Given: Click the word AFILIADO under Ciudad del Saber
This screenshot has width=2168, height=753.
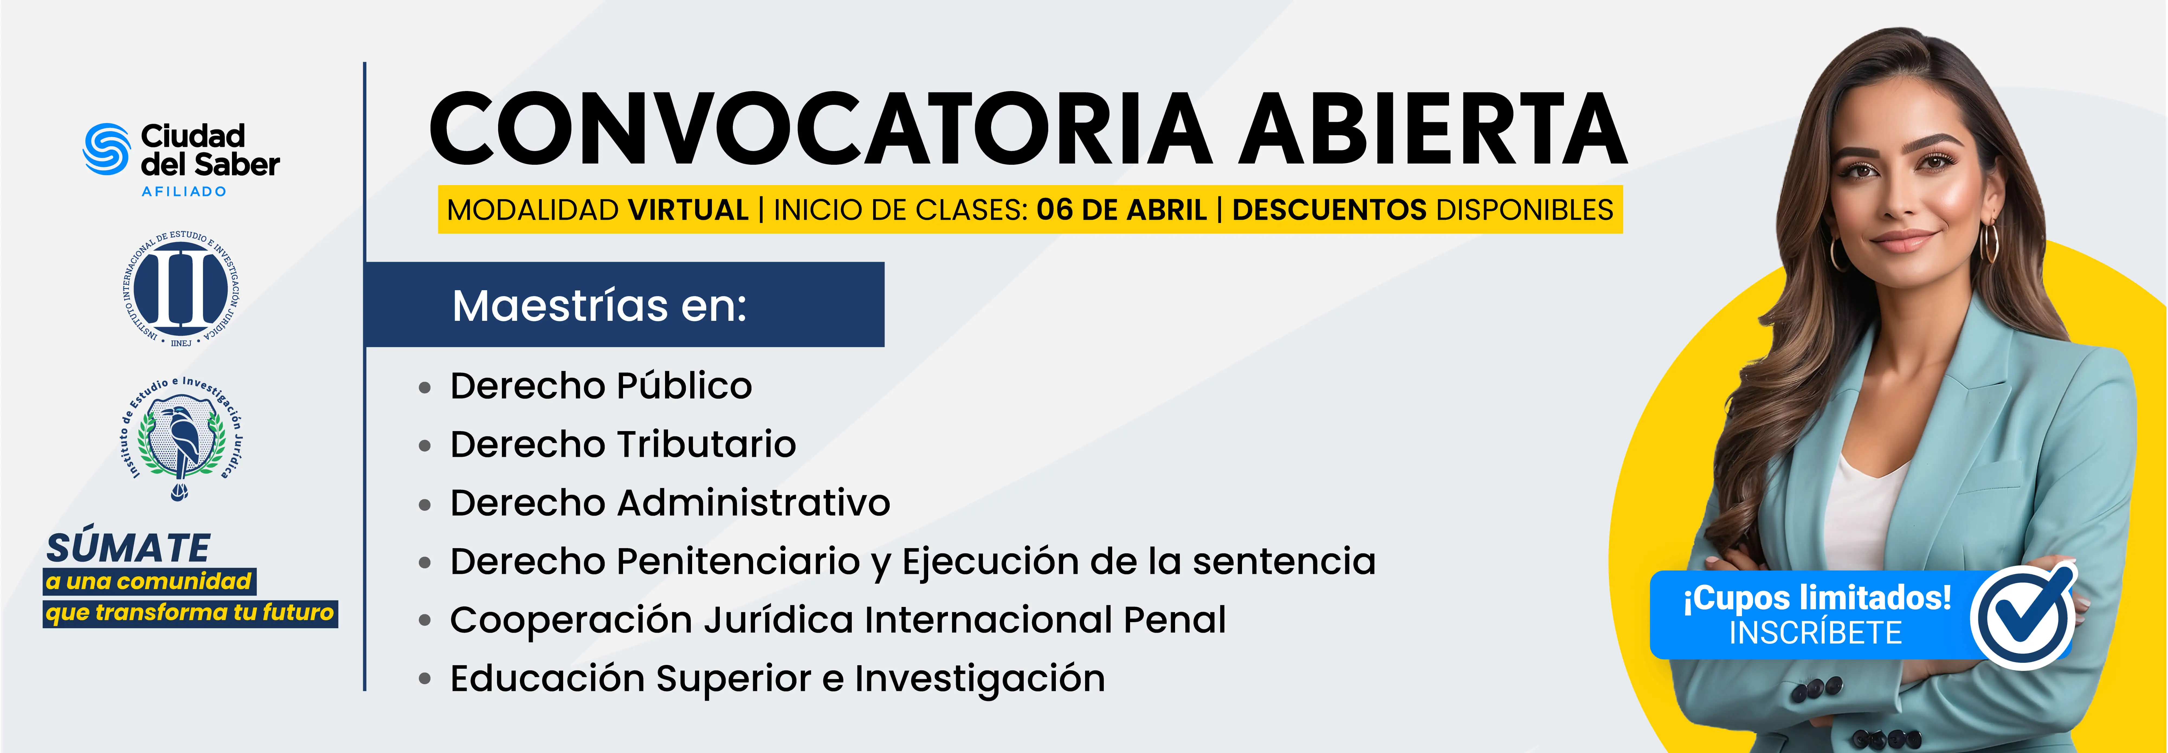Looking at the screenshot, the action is [184, 192].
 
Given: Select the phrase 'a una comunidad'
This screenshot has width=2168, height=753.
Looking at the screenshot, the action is [149, 581].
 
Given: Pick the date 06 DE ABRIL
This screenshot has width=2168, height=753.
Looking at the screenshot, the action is [1122, 209].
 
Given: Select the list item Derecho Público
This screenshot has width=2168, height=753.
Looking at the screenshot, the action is [601, 386].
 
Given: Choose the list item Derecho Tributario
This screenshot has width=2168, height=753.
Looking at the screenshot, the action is [623, 444].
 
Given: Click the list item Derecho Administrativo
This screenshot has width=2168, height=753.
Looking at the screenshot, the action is [670, 503].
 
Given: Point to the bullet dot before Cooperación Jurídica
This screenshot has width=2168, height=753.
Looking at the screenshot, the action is [425, 621].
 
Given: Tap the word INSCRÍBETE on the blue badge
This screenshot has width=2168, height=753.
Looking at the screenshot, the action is [1815, 633].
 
